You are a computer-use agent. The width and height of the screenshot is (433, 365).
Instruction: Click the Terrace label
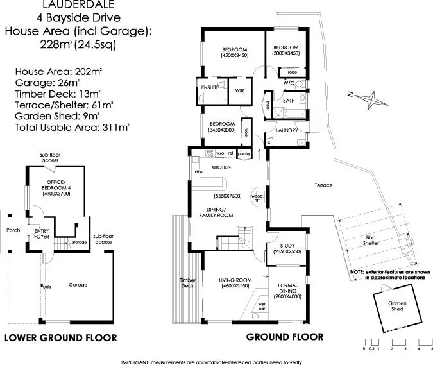323,185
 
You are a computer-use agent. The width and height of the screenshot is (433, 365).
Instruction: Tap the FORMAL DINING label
287,288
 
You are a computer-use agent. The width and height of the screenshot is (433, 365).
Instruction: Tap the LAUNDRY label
286,130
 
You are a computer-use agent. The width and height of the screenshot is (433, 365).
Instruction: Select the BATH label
289,101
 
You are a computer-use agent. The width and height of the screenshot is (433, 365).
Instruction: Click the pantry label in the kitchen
243,154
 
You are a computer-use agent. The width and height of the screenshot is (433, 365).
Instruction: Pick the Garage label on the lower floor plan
78,285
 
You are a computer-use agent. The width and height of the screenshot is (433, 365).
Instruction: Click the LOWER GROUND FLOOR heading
60,337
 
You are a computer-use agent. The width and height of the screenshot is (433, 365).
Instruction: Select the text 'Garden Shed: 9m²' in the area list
57,115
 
